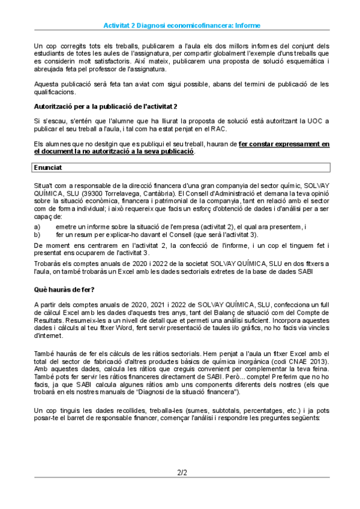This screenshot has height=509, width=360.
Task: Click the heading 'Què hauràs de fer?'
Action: click(62, 289)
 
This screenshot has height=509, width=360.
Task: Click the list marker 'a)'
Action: click(37, 226)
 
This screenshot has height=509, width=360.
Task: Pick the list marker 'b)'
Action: click(37, 234)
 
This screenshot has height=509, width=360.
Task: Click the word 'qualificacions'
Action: click(55, 92)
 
